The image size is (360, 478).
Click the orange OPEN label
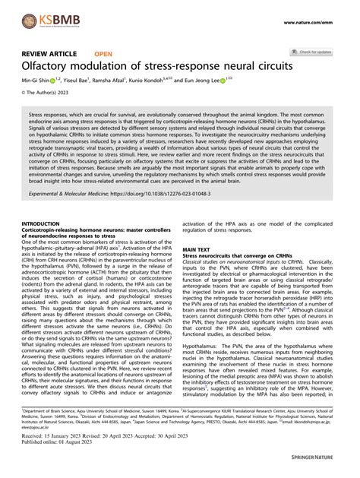point(103,55)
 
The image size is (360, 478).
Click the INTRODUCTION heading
point(46,224)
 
